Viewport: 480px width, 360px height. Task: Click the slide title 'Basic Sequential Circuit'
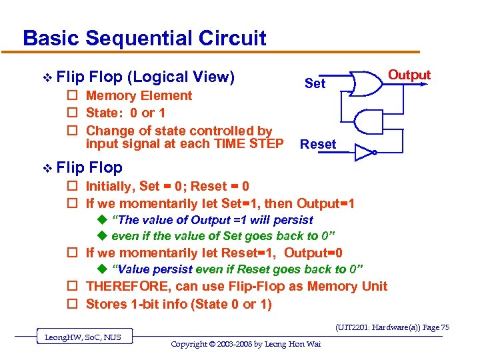pyautogui.click(x=144, y=38)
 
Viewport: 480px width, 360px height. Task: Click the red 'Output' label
pyautogui.click(x=409, y=75)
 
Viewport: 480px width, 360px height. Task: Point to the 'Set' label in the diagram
pyautogui.click(x=315, y=83)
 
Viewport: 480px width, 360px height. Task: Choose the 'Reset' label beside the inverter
pyautogui.click(x=318, y=145)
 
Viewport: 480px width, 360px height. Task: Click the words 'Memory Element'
pyautogui.click(x=139, y=96)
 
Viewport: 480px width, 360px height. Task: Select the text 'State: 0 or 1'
pyautogui.click(x=126, y=113)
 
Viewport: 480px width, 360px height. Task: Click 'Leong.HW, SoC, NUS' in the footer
pyautogui.click(x=84, y=337)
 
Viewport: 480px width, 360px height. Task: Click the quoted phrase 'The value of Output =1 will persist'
pyautogui.click(x=212, y=220)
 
